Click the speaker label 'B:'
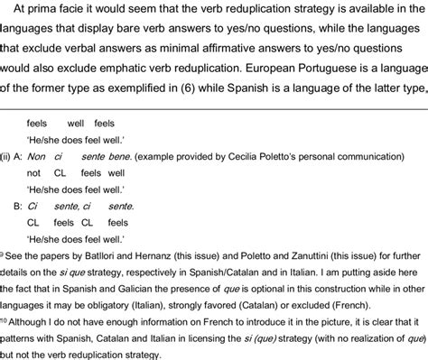point(17,207)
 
